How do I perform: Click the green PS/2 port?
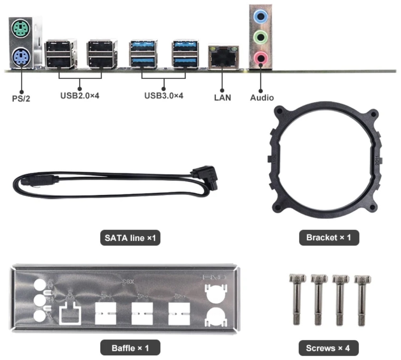(21, 29)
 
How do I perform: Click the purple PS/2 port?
(21, 57)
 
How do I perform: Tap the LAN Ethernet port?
(223, 58)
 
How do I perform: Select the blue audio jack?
(261, 17)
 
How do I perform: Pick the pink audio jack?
(261, 58)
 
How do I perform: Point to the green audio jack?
(261, 38)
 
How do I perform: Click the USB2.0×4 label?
(80, 96)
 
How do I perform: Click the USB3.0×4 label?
(164, 96)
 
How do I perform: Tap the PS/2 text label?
(21, 99)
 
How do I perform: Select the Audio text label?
(262, 98)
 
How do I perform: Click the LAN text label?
(222, 98)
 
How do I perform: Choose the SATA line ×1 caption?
(130, 238)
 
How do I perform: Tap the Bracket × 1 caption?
(329, 238)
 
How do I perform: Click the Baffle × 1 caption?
(130, 348)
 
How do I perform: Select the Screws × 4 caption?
(328, 348)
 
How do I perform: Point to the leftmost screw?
(297, 299)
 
